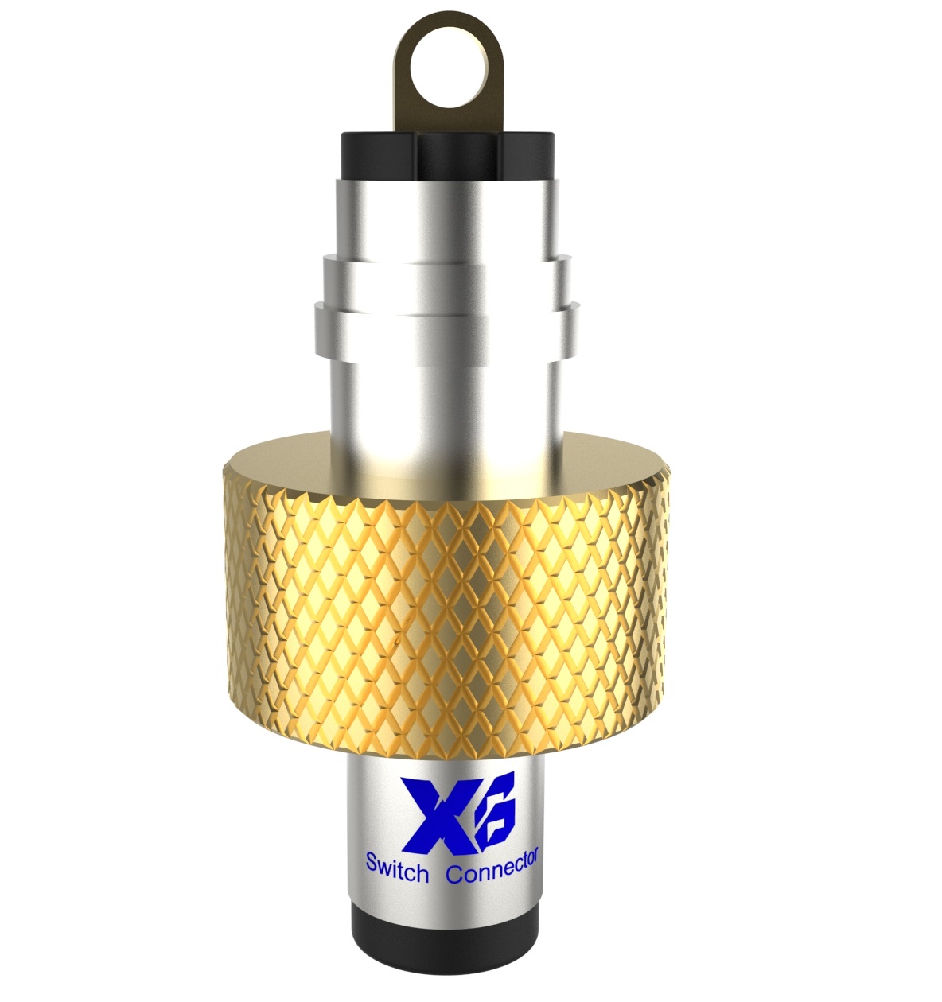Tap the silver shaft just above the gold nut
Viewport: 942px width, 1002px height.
point(446,406)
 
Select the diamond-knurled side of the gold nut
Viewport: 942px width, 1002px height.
point(446,604)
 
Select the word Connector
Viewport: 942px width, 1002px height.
point(492,867)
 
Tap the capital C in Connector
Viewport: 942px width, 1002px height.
point(454,873)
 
